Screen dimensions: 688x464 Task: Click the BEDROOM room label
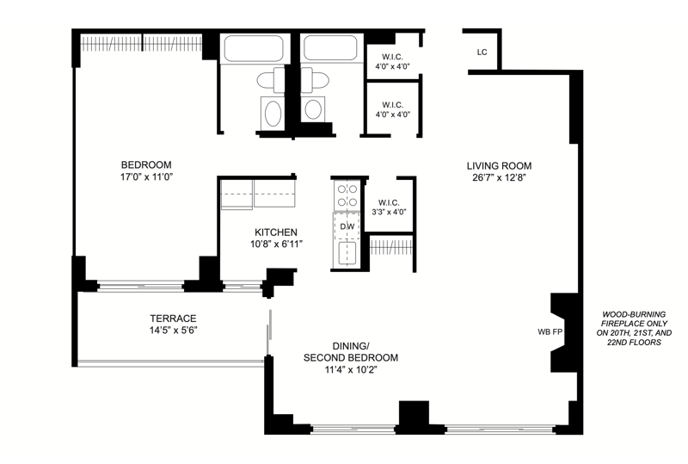(146, 164)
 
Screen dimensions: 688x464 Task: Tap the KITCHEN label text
(276, 232)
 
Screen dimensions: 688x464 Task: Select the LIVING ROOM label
(499, 165)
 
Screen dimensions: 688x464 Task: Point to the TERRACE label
(173, 319)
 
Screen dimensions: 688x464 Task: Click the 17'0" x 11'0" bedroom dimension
(146, 177)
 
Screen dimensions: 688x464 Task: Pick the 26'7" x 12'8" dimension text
(496, 178)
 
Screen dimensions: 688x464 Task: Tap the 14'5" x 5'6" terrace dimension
(174, 331)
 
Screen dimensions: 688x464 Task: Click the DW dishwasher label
(347, 226)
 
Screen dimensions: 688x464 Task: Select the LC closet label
(482, 53)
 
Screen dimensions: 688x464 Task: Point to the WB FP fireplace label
(550, 332)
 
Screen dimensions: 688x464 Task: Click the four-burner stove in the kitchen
(347, 196)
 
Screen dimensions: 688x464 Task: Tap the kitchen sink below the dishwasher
(347, 253)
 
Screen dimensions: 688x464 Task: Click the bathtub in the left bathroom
(254, 48)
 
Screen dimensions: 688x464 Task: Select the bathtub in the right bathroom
(330, 47)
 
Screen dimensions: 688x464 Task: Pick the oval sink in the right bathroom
(313, 109)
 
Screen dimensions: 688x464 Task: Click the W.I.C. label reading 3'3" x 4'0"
(389, 207)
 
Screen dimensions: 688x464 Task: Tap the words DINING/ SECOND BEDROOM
(351, 351)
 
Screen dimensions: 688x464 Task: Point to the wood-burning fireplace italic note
(634, 328)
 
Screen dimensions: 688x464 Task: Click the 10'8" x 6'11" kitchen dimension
(276, 244)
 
